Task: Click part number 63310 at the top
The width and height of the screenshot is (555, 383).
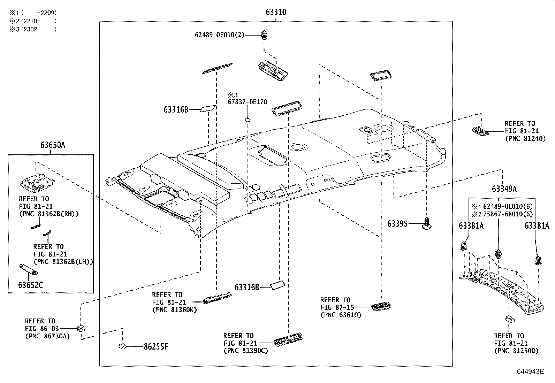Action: (x=276, y=12)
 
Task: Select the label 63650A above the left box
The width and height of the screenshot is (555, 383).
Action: (x=53, y=145)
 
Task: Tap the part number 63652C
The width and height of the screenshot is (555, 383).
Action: (x=30, y=285)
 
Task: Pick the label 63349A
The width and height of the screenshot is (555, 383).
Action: (x=504, y=189)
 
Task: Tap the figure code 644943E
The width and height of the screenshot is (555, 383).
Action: (x=530, y=371)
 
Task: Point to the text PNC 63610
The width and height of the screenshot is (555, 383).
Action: (x=341, y=315)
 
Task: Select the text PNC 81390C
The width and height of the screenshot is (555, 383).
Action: (x=246, y=351)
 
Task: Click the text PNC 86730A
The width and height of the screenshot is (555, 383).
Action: (x=47, y=336)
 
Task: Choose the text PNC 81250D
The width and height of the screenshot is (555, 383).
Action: (x=516, y=351)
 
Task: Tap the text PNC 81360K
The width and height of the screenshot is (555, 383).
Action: (x=174, y=310)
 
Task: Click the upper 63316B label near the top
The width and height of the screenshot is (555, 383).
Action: (x=176, y=110)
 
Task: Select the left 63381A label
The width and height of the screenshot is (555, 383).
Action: (x=471, y=226)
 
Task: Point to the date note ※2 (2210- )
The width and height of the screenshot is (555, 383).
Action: (x=33, y=21)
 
